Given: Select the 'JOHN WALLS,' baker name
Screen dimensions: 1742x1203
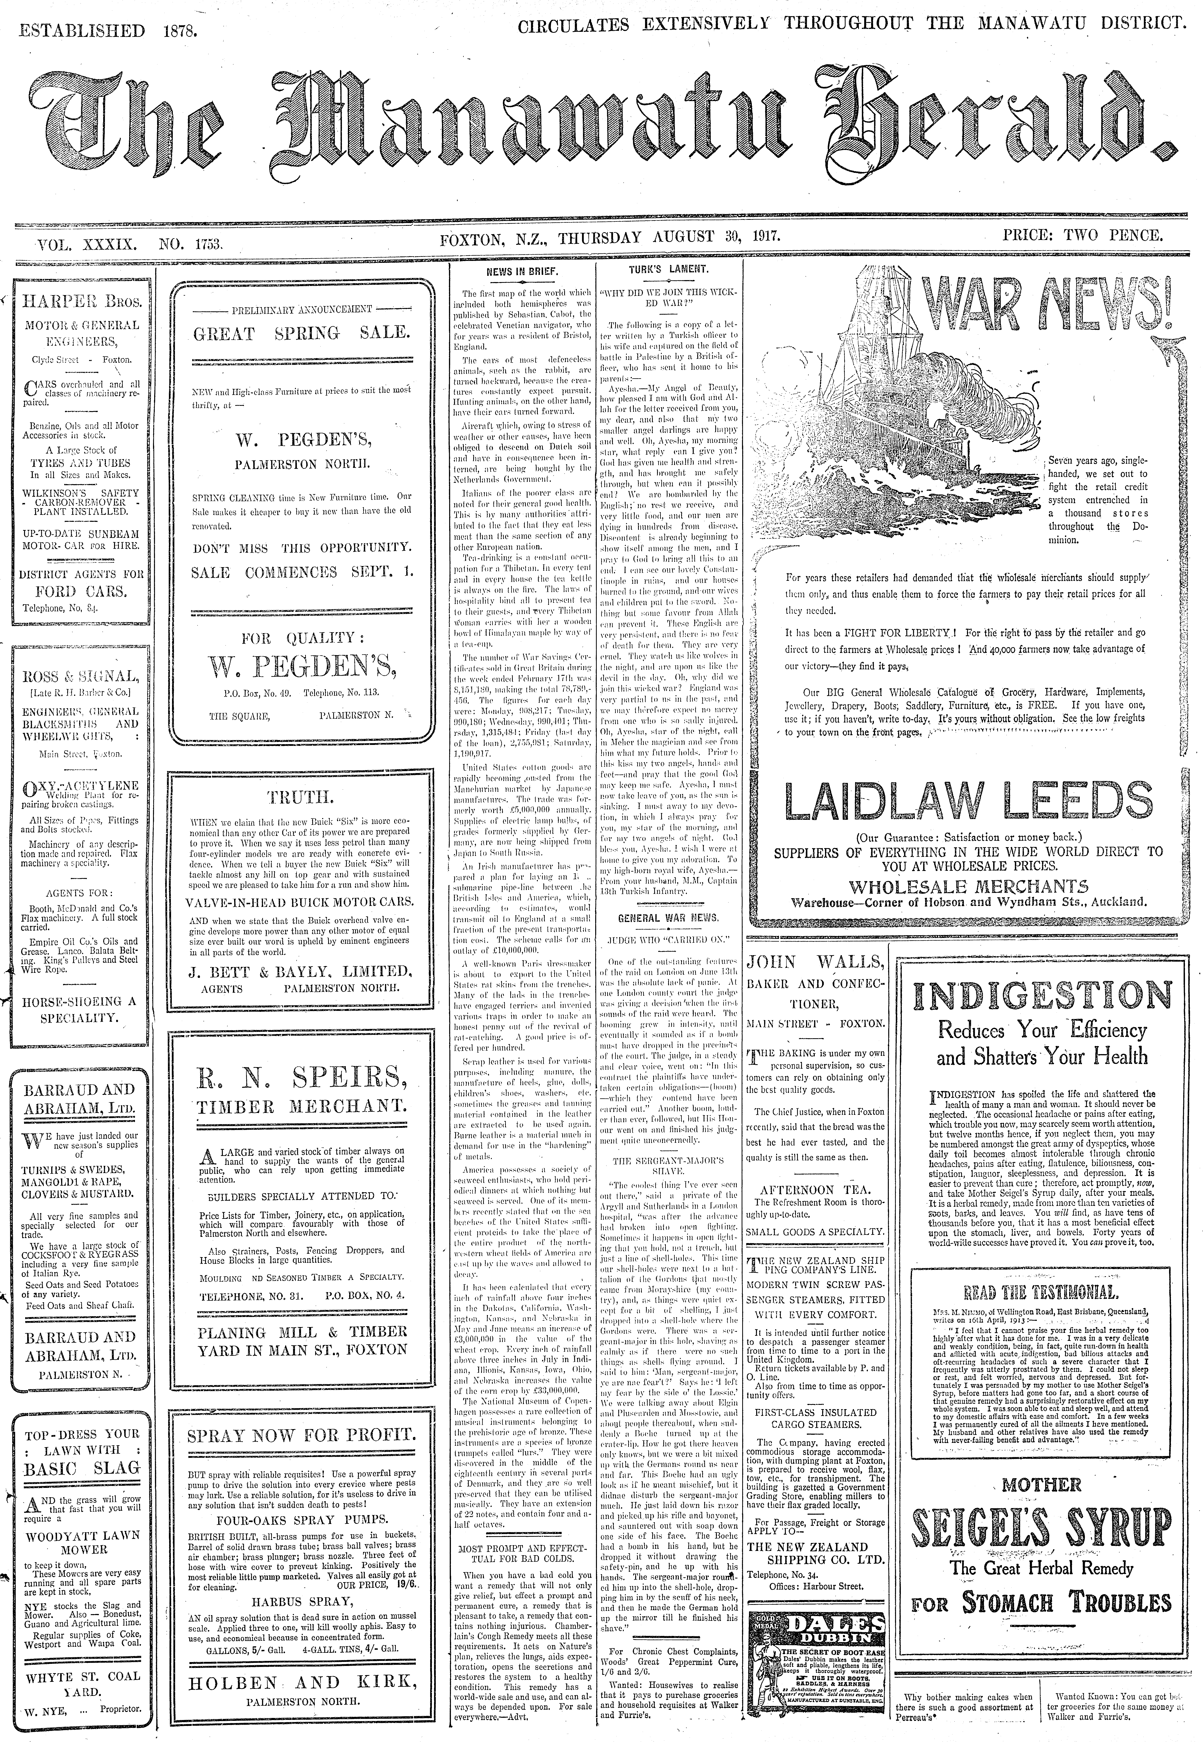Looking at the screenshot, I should (814, 963).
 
